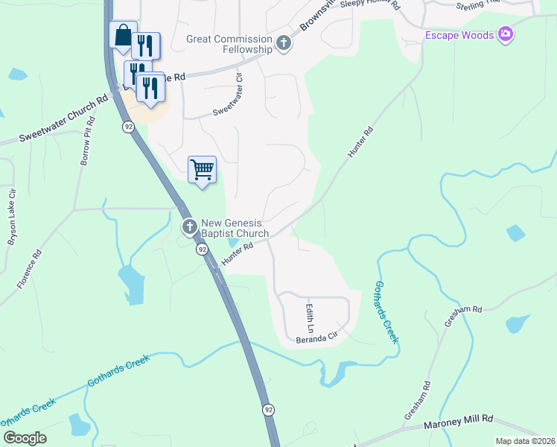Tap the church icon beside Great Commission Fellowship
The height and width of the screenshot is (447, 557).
[x=283, y=44]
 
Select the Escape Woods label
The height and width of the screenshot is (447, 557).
[x=459, y=35]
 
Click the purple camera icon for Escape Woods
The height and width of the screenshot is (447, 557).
[x=506, y=34]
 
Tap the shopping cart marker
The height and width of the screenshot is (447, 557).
[x=202, y=171]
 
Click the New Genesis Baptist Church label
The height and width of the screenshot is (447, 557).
[x=235, y=228]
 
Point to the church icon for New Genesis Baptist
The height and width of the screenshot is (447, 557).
[x=189, y=226]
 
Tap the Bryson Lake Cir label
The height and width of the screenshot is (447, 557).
[x=11, y=223]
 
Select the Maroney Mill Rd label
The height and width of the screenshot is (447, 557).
[x=459, y=422]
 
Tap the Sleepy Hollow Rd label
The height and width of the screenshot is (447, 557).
[x=370, y=4]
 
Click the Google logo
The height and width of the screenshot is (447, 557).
[x=25, y=437]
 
